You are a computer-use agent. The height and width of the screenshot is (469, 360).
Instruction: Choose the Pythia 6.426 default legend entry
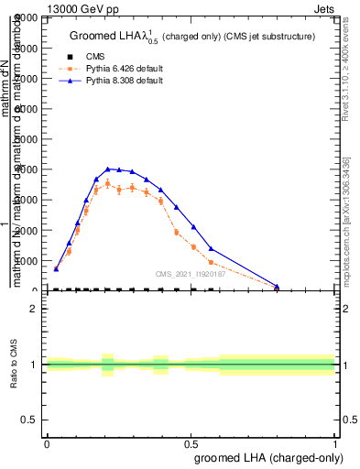tap(118, 69)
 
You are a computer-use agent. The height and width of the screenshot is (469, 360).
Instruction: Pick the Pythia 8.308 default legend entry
tap(118, 81)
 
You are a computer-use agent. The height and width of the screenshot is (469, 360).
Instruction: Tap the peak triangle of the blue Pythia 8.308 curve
tap(109, 169)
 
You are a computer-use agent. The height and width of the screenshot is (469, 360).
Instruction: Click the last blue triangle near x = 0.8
tap(277, 286)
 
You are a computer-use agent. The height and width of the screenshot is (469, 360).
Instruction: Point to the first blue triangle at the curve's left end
tap(56, 268)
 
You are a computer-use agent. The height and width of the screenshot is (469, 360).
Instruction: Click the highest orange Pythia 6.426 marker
tap(108, 183)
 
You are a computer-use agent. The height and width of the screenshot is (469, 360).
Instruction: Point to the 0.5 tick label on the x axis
tap(191, 443)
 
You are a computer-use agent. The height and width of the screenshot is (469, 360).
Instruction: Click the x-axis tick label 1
tap(335, 443)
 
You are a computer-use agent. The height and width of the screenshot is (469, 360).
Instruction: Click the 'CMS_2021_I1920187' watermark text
tap(191, 273)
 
